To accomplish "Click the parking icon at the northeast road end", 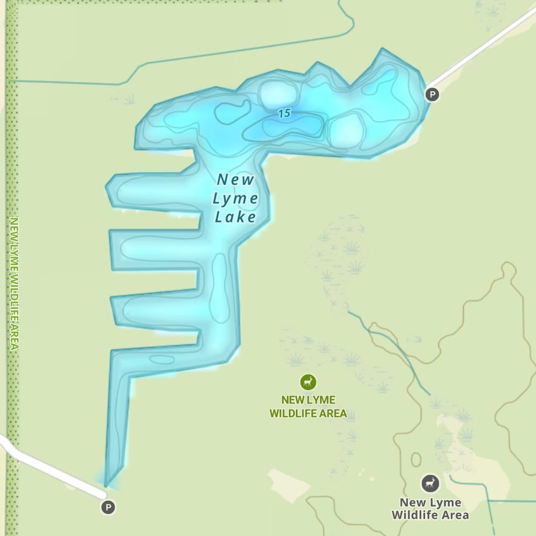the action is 431,95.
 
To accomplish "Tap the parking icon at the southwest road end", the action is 108,507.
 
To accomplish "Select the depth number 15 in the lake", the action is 285,113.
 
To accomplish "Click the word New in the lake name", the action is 235,180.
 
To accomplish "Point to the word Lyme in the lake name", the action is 235,199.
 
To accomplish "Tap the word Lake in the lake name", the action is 235,217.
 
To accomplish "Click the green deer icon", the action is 308,382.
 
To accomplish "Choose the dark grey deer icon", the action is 429,484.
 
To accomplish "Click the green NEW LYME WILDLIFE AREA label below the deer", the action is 308,407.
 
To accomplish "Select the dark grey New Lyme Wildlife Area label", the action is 430,509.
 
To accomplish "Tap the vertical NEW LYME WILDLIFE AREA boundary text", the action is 14,284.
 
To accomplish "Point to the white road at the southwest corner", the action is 48,466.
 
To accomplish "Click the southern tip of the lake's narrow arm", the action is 107,484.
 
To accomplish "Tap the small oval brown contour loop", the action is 416,460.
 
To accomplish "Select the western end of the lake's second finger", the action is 112,250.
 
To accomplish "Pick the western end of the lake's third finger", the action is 114,310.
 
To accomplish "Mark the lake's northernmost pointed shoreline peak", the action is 382,50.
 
